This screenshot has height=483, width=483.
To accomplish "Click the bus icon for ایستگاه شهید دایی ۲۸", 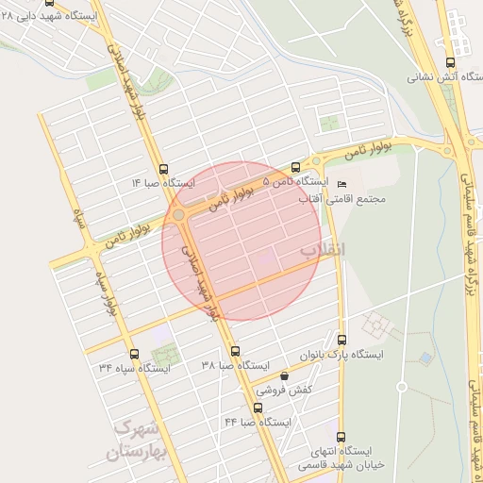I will tap(62, 5).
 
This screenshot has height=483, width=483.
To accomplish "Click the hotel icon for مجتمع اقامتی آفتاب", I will tap(341, 184).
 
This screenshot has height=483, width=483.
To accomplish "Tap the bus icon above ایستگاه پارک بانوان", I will tap(341, 340).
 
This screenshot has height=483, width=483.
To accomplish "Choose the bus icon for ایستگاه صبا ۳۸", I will tap(235, 351).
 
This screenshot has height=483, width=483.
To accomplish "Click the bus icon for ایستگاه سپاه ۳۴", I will tap(134, 355).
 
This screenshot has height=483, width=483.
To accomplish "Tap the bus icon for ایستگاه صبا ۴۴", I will tap(258, 408).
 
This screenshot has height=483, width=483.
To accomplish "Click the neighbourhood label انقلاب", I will tap(324, 249).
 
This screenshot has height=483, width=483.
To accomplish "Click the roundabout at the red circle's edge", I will tap(178, 215).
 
